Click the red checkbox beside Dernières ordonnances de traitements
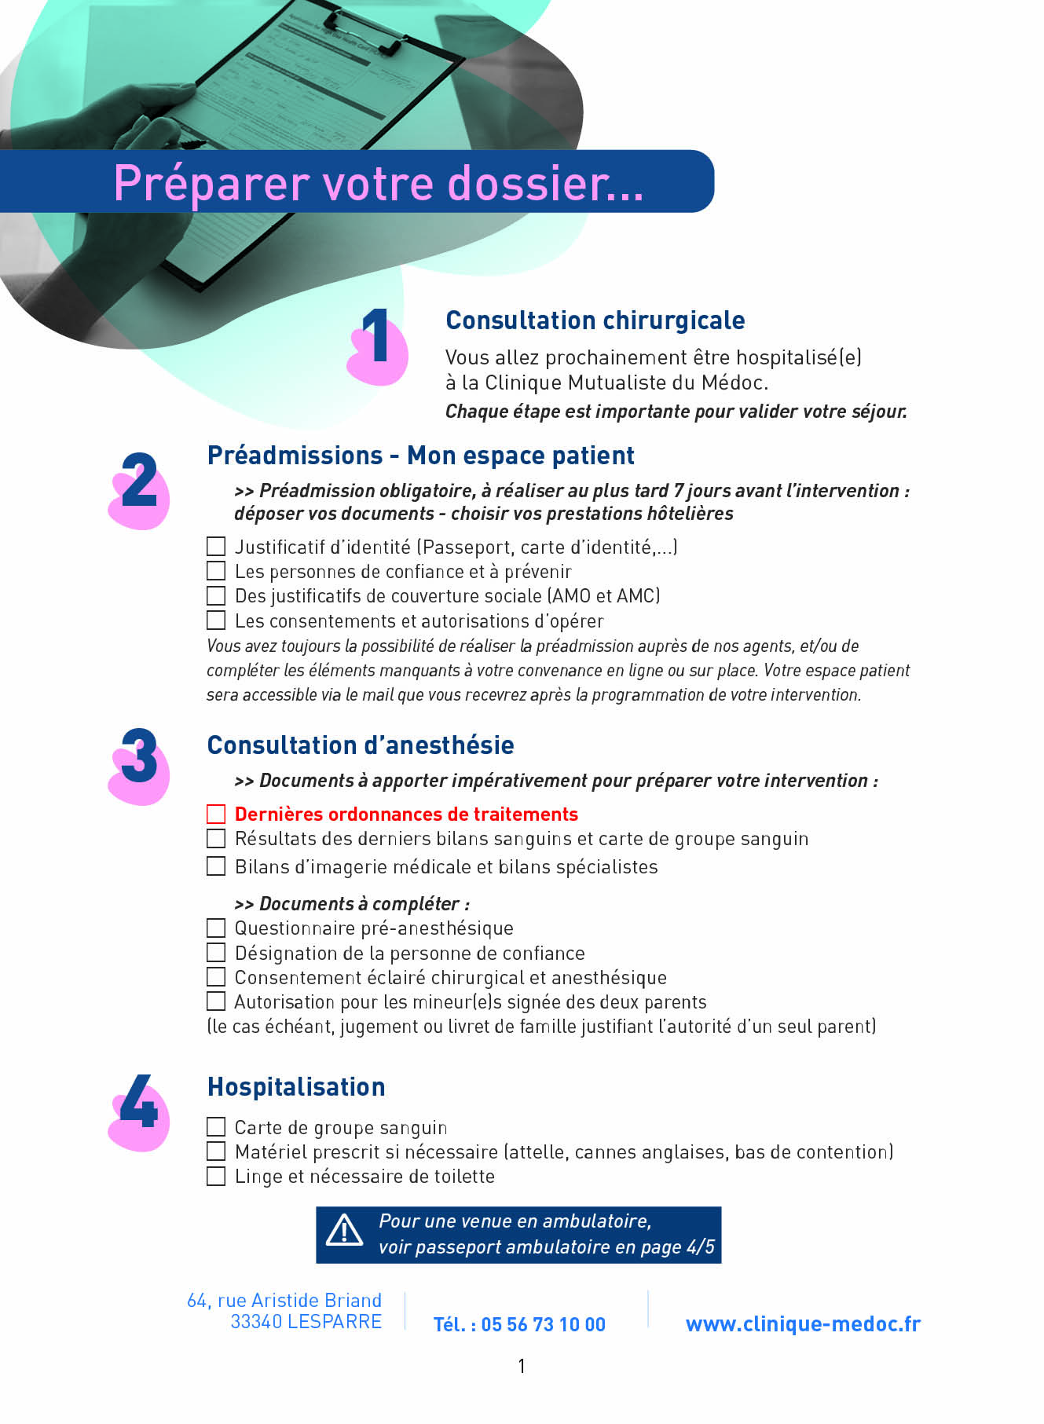pyautogui.click(x=216, y=814)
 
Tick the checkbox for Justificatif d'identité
pyautogui.click(x=216, y=546)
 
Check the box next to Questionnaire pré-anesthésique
pyautogui.click(x=216, y=928)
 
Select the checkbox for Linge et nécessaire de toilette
pyautogui.click(x=216, y=1176)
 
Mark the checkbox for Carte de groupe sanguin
pyautogui.click(x=216, y=1127)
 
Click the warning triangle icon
pyautogui.click(x=344, y=1231)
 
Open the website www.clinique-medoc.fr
pyautogui.click(x=802, y=1323)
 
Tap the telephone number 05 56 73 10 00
pyautogui.click(x=543, y=1324)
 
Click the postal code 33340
pyautogui.click(x=256, y=1322)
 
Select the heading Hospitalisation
pyautogui.click(x=296, y=1086)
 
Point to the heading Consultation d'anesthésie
pyautogui.click(x=361, y=745)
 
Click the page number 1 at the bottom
pyautogui.click(x=522, y=1366)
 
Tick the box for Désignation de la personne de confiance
pyautogui.click(x=216, y=953)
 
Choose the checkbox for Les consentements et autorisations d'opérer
pyautogui.click(x=216, y=620)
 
